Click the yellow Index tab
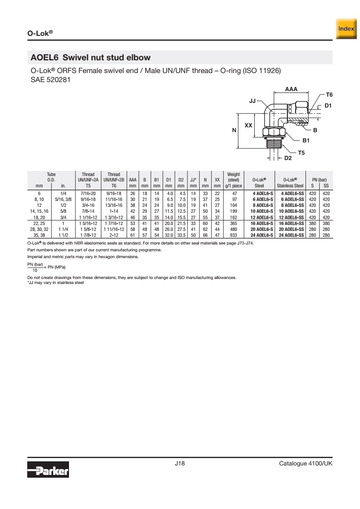(346, 29)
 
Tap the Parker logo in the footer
(48, 470)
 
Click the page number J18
(180, 464)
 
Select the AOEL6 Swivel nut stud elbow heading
(90, 58)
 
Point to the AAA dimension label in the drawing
(291, 89)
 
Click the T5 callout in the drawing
(301, 152)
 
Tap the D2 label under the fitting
(288, 158)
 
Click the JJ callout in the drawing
(252, 101)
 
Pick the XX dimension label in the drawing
(248, 125)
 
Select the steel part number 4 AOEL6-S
(263, 193)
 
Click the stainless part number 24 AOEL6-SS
(291, 235)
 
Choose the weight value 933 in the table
(234, 235)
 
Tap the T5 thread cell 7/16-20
(88, 193)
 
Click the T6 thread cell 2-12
(113, 235)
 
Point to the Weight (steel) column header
(234, 180)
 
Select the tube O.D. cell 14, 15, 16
(39, 211)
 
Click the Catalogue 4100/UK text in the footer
(306, 464)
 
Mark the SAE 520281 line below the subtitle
(50, 79)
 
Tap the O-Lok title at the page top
(40, 33)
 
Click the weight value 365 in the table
(234, 223)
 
